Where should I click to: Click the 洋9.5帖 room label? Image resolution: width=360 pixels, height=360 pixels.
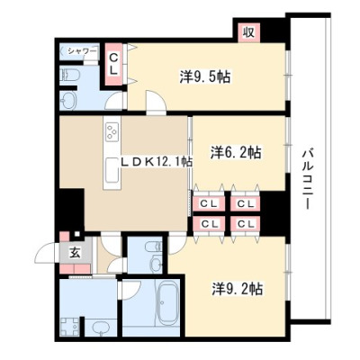tap(205, 76)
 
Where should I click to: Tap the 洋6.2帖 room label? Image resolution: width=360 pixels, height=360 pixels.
tap(235, 153)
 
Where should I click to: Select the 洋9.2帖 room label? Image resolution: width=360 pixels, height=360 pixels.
tap(238, 289)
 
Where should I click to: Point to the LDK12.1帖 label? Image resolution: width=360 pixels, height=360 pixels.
tap(156, 162)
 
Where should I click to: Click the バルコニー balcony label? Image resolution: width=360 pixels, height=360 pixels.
tap(308, 179)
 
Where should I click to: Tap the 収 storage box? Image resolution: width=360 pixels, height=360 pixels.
tap(249, 31)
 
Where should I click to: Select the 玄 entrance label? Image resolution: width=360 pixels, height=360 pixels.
tap(75, 254)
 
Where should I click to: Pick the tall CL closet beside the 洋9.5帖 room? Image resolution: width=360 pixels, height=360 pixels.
tap(113, 64)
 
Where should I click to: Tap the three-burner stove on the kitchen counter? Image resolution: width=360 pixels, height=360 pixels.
tap(112, 132)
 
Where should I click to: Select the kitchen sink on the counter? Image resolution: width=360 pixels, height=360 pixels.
tap(112, 169)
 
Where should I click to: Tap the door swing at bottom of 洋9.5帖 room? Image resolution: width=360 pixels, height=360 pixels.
tap(156, 101)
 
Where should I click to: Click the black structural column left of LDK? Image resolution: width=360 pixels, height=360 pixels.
tap(71, 210)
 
